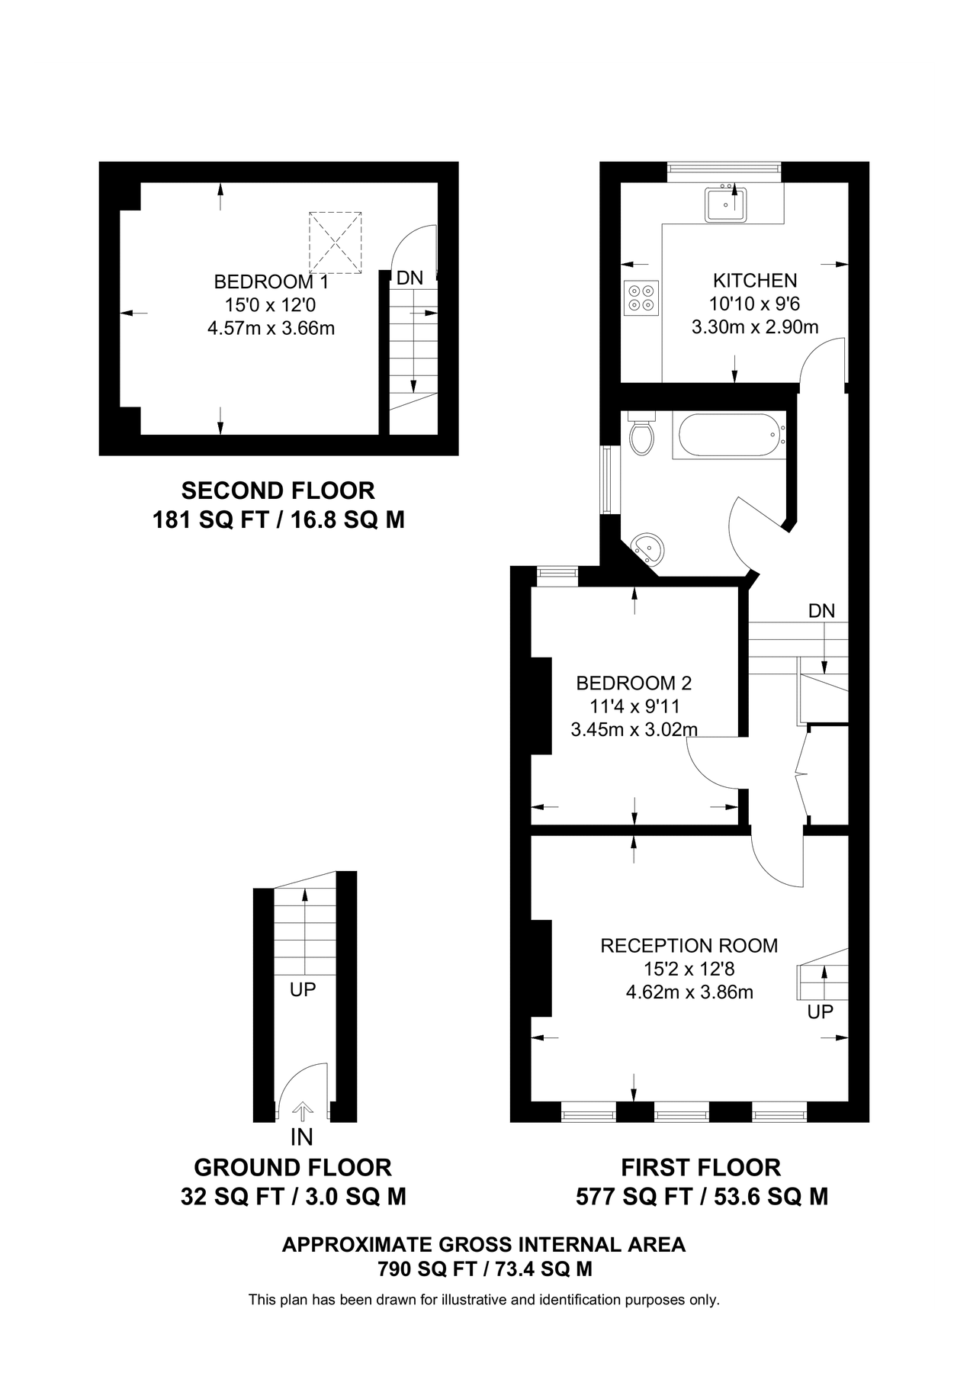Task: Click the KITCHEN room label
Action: point(754,280)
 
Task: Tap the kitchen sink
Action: point(725,204)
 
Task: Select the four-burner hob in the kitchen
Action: point(641,297)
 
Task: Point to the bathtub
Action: point(728,436)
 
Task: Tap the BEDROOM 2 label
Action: point(634,683)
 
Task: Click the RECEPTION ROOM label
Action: point(689,946)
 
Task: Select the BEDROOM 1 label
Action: point(271,281)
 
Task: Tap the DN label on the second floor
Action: point(410,278)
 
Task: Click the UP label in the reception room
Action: point(821,1011)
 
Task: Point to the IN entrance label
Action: point(302,1137)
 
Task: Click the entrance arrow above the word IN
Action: point(303,1111)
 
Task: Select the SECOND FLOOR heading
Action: point(278,490)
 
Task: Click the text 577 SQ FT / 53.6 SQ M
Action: point(702,1197)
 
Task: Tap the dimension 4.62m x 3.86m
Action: point(689,992)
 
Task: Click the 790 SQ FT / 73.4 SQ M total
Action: point(485,1269)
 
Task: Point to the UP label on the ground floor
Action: point(303,989)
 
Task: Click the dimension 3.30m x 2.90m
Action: point(754,327)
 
